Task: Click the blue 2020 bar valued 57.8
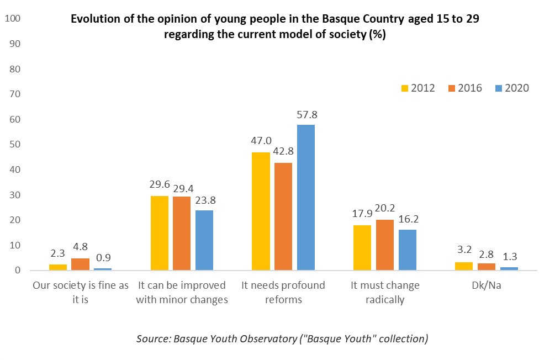pos(305,198)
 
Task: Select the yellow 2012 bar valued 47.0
pos(261,211)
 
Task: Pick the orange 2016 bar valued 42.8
pos(283,216)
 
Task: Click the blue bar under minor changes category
pos(204,240)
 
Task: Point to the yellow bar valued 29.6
pos(160,233)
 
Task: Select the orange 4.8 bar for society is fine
pos(80,264)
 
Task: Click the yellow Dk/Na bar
pos(463,266)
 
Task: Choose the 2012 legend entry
pos(418,88)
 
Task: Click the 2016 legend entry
pos(465,88)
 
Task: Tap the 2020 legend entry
pos(512,88)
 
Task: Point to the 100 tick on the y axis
pos(12,19)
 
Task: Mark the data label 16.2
pos(407,220)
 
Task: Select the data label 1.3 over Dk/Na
pos(509,257)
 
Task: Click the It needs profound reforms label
pos(283,293)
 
